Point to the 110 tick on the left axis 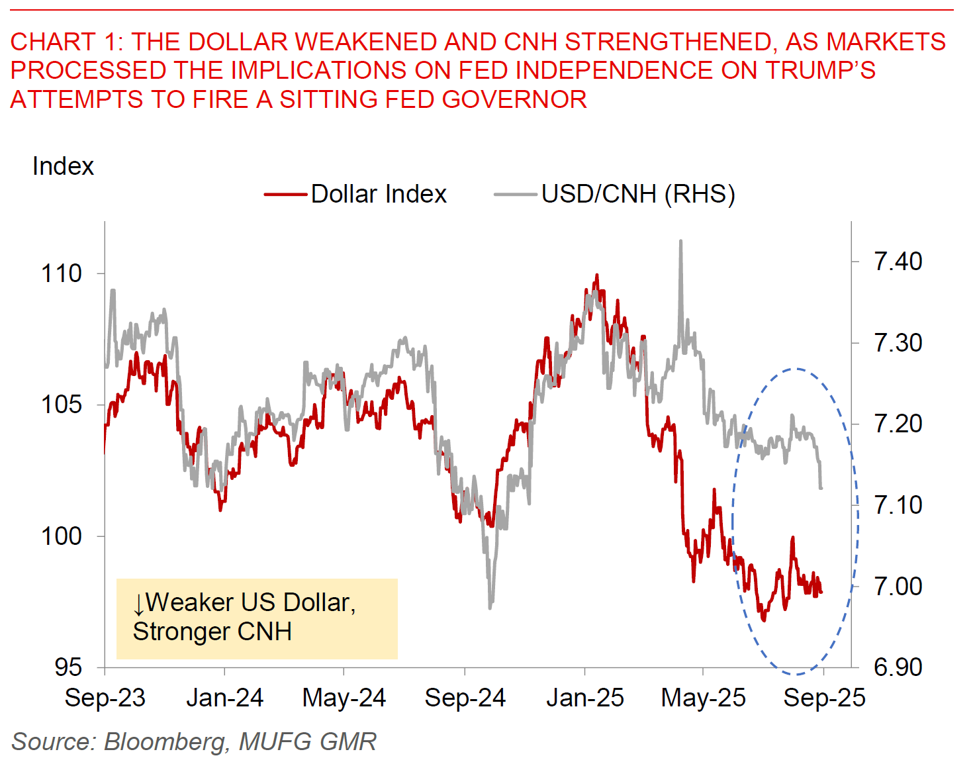(x=62, y=273)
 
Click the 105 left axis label (x=62, y=405)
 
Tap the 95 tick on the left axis (x=68, y=667)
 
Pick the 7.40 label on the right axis (x=898, y=262)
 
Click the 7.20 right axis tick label (x=898, y=424)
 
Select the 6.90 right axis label (x=898, y=667)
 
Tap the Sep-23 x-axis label (x=105, y=698)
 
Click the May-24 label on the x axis (x=344, y=698)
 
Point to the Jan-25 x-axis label (x=585, y=698)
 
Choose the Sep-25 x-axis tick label (x=824, y=698)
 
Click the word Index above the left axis (x=63, y=166)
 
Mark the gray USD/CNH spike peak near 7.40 (x=680, y=242)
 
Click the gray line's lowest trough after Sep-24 (x=490, y=606)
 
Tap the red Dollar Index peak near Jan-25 (x=596, y=275)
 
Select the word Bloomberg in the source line (x=165, y=741)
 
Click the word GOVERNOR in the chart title (x=514, y=99)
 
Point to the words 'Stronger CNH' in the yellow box (x=212, y=632)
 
